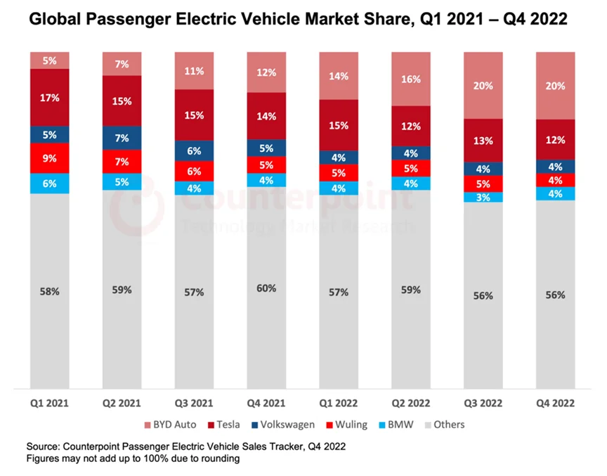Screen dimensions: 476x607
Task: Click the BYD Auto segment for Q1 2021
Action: [x=49, y=60]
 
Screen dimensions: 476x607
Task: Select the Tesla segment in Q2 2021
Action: [x=122, y=101]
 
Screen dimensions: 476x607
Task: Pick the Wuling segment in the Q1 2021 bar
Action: [x=49, y=158]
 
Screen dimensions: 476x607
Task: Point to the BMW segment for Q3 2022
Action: [x=483, y=197]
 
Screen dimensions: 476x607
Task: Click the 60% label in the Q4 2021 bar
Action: [x=267, y=288]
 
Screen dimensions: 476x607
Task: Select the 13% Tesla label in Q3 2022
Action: [x=483, y=140]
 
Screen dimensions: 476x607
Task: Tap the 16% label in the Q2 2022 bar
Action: [x=411, y=79]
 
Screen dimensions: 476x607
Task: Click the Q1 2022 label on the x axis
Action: [x=339, y=404]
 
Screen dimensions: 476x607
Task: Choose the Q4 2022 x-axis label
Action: [x=555, y=404]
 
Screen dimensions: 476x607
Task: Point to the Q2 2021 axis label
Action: [x=122, y=404]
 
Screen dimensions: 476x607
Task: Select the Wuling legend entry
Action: [x=348, y=424]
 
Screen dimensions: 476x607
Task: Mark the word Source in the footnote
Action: [x=43, y=446]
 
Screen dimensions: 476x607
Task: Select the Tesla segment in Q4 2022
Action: [x=555, y=139]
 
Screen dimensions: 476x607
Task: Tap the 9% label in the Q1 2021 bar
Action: [x=49, y=158]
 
